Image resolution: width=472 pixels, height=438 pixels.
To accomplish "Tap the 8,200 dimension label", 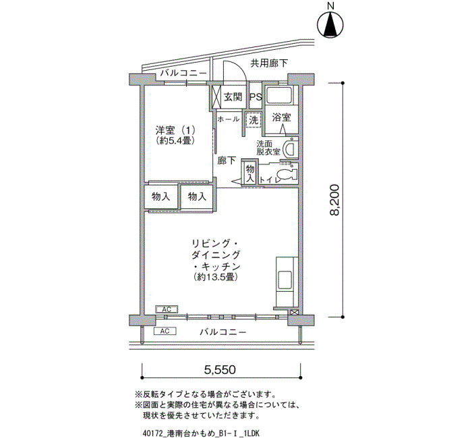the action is [334, 199].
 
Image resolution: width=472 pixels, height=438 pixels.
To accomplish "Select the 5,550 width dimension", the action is [220, 369].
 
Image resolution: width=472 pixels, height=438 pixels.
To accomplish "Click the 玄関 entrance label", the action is [233, 97].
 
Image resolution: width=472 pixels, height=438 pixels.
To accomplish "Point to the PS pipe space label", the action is [256, 97].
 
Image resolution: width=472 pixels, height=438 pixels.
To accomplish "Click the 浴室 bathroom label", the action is [281, 117].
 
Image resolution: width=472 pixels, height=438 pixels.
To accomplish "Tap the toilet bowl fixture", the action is [286, 175].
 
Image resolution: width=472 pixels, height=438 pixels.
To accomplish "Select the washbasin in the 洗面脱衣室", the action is [291, 148].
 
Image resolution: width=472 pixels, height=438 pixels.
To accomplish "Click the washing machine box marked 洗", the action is [253, 120].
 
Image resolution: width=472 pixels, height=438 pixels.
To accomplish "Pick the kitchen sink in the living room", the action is [285, 280].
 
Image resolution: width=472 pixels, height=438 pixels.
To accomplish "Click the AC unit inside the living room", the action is [167, 309].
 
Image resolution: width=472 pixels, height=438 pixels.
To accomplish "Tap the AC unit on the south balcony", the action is [165, 332].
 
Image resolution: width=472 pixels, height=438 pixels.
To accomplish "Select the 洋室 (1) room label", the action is [175, 130].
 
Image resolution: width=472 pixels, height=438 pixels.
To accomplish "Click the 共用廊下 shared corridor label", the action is [270, 63].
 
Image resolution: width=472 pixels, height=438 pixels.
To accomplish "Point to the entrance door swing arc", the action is [235, 71].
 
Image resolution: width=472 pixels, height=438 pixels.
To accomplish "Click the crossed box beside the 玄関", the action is [216, 97].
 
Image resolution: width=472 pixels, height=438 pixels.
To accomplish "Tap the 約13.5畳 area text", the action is [216, 276].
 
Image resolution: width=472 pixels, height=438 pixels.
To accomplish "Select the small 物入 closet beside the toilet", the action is [250, 173].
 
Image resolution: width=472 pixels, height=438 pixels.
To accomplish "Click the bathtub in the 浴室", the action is [281, 96].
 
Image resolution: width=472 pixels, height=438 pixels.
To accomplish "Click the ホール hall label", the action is [228, 119].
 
